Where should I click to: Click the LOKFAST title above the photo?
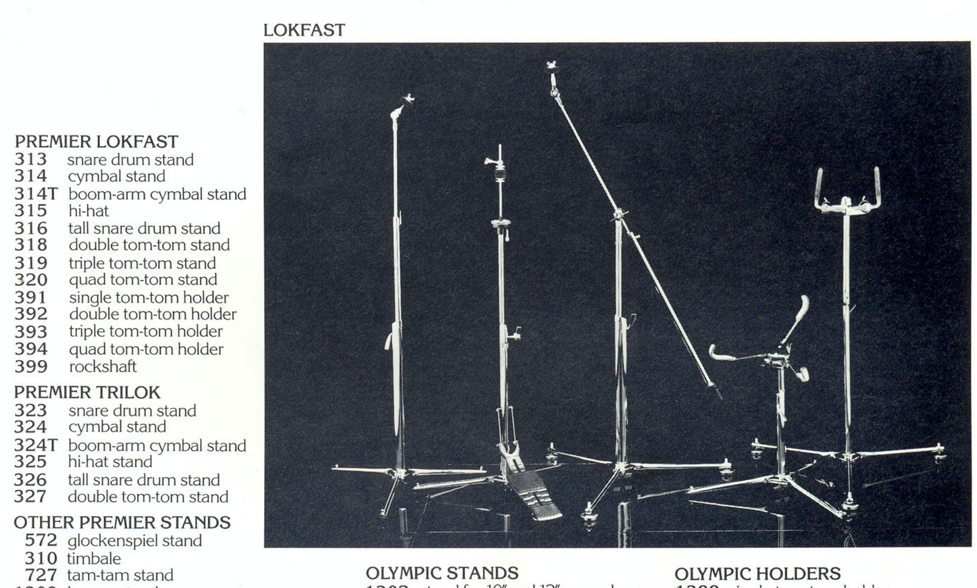point(304,30)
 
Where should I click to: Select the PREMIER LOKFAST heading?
point(97,142)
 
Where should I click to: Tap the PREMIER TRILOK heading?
point(87,393)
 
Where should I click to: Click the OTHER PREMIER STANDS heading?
point(122,522)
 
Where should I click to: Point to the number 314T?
point(36,195)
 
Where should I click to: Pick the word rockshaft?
point(103,367)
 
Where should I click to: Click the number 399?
point(31,367)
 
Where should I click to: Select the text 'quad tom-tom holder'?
point(146,349)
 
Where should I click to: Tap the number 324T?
point(36,445)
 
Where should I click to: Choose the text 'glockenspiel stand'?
point(135,541)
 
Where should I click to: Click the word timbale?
point(94,559)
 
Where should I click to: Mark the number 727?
point(41,575)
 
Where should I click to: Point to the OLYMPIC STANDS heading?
point(442,573)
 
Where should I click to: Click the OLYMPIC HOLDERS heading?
point(757,574)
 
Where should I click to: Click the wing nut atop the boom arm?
point(552,67)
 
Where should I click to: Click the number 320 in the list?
point(31,280)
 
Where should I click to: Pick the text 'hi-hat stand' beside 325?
point(110,462)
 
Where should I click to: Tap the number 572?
point(41,541)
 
